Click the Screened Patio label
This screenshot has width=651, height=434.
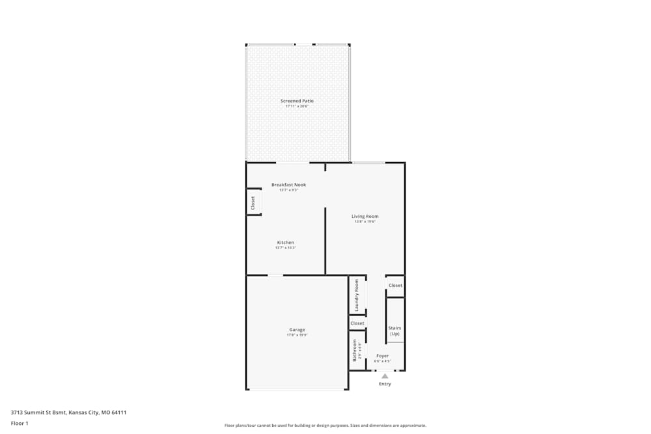(297, 101)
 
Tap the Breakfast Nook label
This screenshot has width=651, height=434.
(288, 185)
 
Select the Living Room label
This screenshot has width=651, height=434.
(365, 217)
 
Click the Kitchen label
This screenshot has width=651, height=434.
(285, 243)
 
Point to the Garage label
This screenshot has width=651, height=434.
(297, 330)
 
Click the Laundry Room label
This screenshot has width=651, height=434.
(357, 295)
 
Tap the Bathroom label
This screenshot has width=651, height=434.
(355, 350)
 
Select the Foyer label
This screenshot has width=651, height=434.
(382, 356)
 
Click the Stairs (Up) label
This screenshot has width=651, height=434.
(395, 331)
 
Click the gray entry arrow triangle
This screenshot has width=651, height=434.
(385, 375)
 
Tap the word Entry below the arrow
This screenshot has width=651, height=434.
(385, 384)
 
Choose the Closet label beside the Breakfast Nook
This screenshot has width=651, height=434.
(253, 203)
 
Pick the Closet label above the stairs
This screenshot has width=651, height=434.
(395, 286)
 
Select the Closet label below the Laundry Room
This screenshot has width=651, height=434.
(357, 323)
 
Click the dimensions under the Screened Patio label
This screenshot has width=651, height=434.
(297, 106)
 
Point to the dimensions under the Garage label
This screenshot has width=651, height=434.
(297, 335)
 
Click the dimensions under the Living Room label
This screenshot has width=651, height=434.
(365, 222)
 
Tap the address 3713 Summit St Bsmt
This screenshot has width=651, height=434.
(38, 412)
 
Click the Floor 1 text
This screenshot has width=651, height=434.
(20, 423)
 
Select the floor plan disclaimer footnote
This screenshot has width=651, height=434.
(325, 426)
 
